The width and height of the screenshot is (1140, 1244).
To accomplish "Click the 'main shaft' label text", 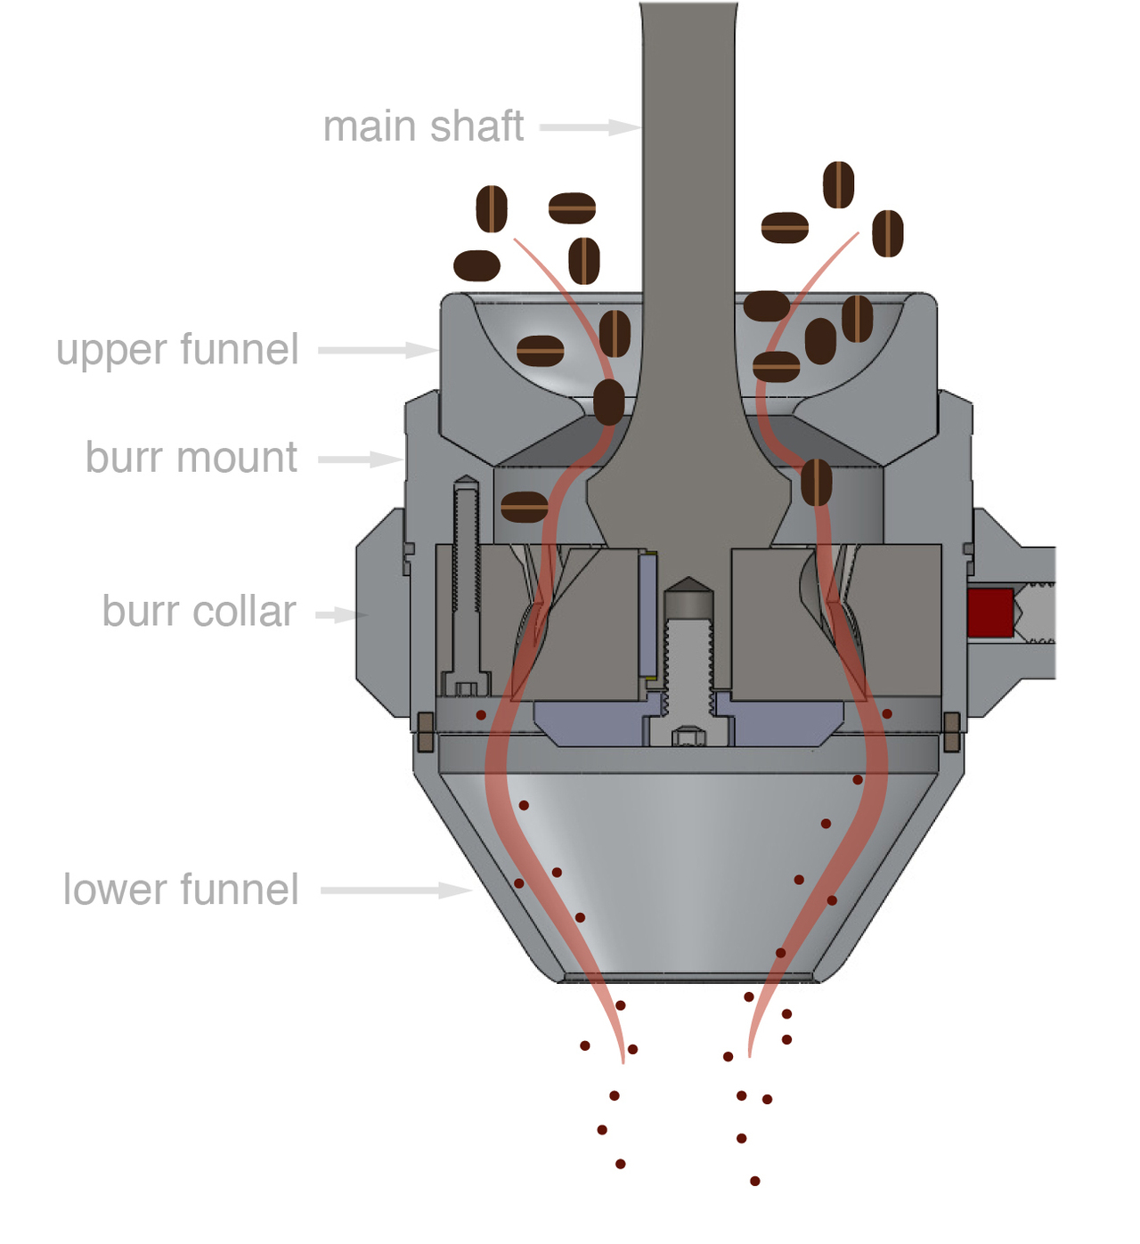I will [x=423, y=126].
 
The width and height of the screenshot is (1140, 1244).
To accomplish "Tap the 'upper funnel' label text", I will [x=177, y=349].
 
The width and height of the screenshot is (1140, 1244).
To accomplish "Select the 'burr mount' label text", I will [x=191, y=458].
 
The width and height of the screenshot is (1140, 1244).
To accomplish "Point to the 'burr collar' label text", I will [x=199, y=612].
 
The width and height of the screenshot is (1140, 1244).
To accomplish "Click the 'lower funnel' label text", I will [x=181, y=890].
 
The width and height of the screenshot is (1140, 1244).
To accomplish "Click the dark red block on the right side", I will [x=990, y=613].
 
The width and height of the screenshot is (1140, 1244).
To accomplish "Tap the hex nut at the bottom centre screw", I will [x=688, y=736].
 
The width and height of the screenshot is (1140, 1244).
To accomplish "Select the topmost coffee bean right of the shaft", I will [x=838, y=185].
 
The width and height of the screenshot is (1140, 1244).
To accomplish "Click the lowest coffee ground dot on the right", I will [x=754, y=1181].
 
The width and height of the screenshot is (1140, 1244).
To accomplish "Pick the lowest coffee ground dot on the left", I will [x=620, y=1164].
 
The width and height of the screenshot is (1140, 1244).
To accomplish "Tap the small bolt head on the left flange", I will [x=426, y=731].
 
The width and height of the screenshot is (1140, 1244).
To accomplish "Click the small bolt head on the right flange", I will [x=951, y=731].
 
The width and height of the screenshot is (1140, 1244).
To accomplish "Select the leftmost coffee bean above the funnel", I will [x=476, y=265].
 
